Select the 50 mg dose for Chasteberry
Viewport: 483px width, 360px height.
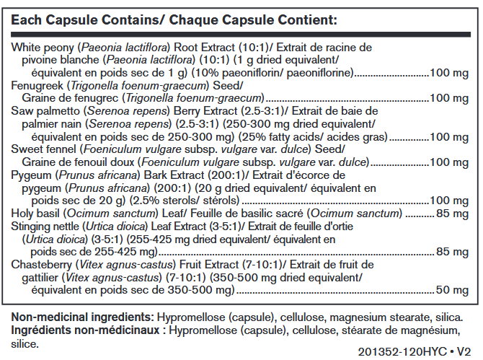454,290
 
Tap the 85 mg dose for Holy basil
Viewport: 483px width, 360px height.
454,214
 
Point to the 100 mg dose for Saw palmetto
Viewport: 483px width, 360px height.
451,136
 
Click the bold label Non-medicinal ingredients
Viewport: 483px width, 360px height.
81,318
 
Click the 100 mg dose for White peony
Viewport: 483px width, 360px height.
451,73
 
